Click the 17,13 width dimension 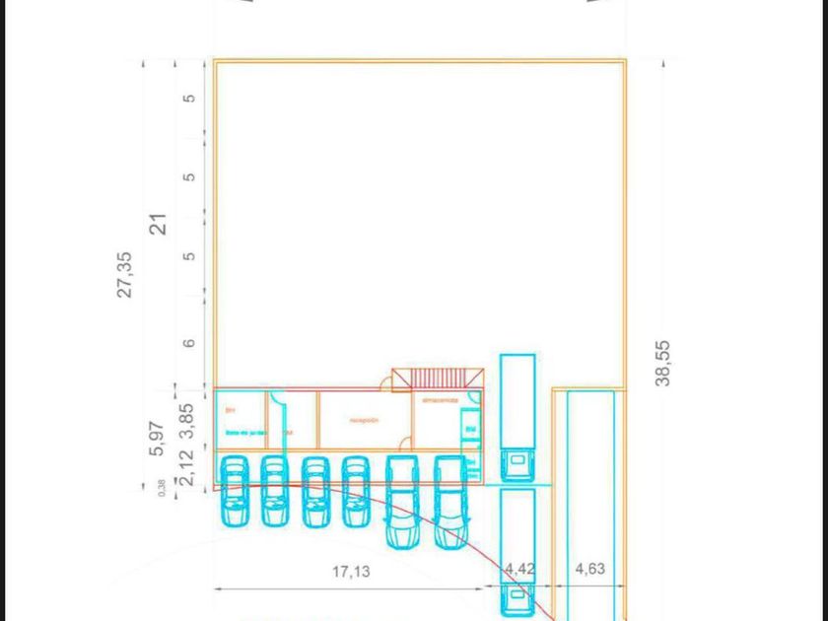tap(351, 571)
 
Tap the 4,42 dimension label tap(518, 569)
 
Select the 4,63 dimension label tap(589, 569)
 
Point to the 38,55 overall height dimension tap(662, 363)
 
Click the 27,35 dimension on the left tap(125, 274)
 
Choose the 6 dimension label tap(189, 344)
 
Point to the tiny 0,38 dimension tap(163, 487)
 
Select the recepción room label tap(364, 420)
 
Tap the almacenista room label tap(440, 400)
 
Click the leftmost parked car tap(234, 490)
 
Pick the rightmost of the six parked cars tap(449, 501)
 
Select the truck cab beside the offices tap(517, 463)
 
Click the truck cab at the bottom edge tap(517, 599)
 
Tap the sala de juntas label tap(245, 432)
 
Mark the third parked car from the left tap(314, 490)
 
